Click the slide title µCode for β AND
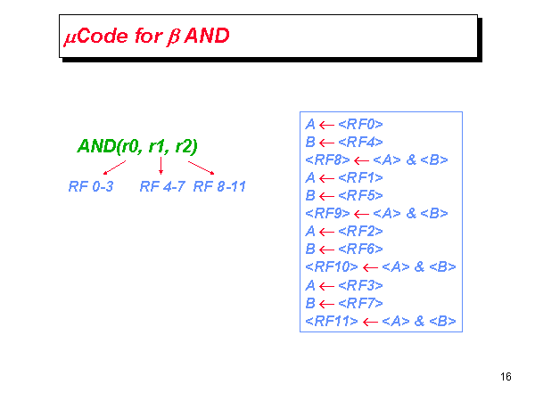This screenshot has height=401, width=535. pos(146,37)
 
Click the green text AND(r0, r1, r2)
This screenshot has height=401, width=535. pos(138,145)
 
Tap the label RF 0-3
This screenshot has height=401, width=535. pos(90,187)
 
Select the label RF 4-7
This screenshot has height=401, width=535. pos(162,187)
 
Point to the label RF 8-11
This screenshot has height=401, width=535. pos(219,187)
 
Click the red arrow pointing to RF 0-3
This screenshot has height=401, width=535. pos(114,167)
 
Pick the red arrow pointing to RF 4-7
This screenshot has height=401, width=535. pos(160,165)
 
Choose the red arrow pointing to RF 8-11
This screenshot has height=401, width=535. pos(202,167)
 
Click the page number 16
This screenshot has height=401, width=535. pos(506,377)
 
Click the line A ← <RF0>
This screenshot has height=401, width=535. pos(344,124)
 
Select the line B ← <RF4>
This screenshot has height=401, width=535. pos(344,142)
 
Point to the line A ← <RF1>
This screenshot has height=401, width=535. pos(344,177)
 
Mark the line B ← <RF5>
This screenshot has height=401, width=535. pos(344,195)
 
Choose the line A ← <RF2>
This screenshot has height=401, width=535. pos(344,231)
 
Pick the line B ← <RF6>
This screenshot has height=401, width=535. pos(344,249)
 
